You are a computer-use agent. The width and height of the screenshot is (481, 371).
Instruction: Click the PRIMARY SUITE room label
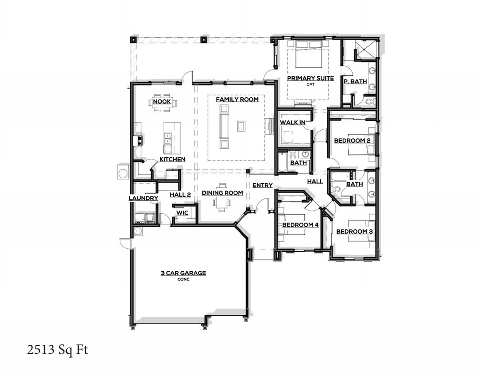point(310,78)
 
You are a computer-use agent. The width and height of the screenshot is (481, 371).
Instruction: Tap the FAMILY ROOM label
point(237,100)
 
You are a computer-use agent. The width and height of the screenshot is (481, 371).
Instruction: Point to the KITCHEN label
point(172,159)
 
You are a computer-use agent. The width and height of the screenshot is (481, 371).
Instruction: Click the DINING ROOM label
point(222,193)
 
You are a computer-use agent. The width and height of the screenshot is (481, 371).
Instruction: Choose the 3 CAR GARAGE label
point(183,273)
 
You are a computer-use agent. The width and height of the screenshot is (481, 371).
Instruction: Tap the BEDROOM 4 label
point(300,225)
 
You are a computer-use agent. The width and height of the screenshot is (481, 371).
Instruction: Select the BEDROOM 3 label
point(355,232)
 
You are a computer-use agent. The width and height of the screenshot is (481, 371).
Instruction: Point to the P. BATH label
point(355,82)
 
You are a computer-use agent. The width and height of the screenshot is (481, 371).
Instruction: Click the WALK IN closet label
point(293,123)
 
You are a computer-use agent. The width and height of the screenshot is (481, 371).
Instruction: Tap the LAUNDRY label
point(143,198)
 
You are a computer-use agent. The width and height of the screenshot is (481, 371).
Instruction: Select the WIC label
point(182,213)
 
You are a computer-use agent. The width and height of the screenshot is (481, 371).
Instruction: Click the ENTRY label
point(262,185)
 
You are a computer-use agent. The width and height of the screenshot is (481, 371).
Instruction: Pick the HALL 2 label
point(180,194)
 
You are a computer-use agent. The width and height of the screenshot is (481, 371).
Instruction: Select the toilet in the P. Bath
point(369,101)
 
